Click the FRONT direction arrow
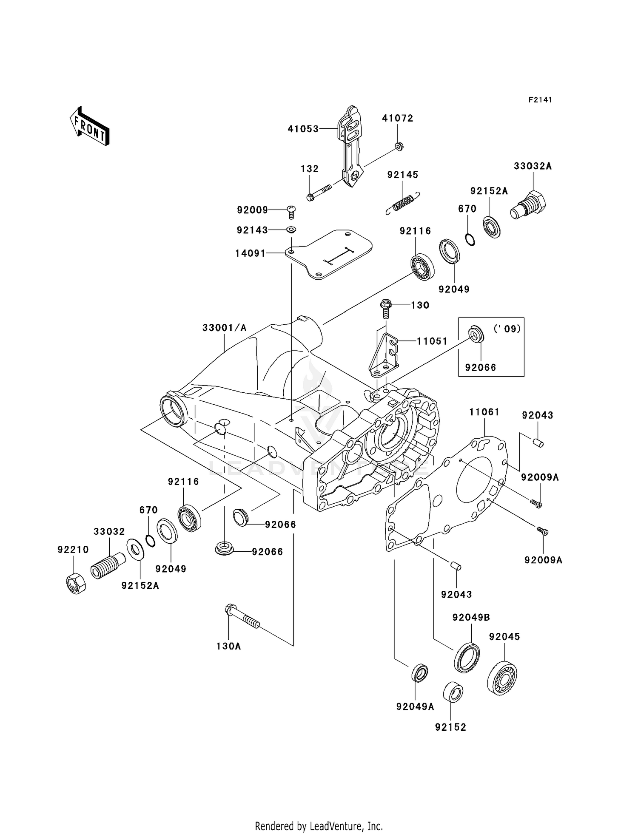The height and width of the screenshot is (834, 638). [x=89, y=126]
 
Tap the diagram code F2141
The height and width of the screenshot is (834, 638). [x=540, y=100]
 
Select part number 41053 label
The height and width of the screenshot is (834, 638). [x=303, y=129]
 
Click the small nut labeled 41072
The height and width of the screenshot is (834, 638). [x=399, y=146]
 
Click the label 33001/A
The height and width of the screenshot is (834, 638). [x=224, y=328]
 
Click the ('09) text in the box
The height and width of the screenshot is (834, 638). [x=507, y=329]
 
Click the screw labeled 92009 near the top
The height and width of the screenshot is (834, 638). [x=292, y=211]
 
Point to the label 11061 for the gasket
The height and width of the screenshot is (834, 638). [x=484, y=412]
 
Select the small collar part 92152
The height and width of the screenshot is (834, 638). [x=453, y=694]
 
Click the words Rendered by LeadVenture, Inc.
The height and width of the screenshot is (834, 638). [x=319, y=826]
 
